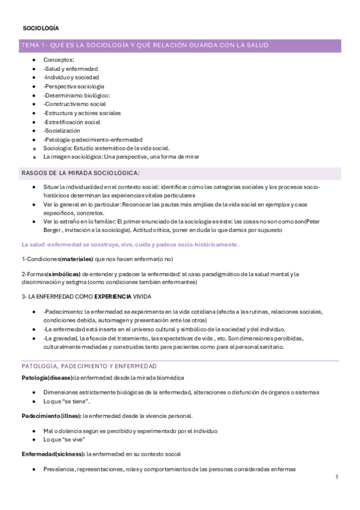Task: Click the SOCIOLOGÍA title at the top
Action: pos(40,28)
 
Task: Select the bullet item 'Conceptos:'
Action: pos(59,60)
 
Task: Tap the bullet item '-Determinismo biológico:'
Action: pos(76,95)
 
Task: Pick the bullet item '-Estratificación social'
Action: pos(72,121)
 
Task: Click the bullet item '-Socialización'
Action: pos(62,131)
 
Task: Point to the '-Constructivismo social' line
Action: pos(75,104)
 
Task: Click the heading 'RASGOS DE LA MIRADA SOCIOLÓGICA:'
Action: pos(81,173)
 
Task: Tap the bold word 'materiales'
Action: pos(76,259)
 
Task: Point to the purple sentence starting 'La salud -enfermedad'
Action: pos(130,244)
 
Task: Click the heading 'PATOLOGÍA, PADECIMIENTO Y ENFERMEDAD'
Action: pos(89,366)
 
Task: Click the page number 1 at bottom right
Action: pos(337,477)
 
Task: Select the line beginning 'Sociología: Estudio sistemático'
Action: pos(107,148)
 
